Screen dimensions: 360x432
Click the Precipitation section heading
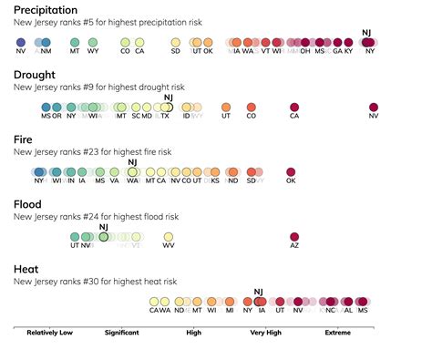tap(46, 9)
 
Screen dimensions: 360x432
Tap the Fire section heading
tap(24, 139)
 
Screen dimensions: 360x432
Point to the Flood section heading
tap(27, 204)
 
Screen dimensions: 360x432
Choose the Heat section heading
tap(26, 270)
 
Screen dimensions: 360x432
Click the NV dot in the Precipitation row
tap(21, 42)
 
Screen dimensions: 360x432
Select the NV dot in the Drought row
tap(374, 107)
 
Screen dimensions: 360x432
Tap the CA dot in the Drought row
tap(293, 107)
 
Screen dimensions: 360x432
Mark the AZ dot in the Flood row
tap(293, 236)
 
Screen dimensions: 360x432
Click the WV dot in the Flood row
tap(169, 236)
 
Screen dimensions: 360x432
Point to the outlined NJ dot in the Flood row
tap(103, 236)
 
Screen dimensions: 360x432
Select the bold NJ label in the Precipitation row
tap(366, 32)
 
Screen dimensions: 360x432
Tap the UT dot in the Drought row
tap(226, 107)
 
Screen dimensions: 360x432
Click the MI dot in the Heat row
tap(230, 301)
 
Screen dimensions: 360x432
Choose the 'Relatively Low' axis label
tap(49, 333)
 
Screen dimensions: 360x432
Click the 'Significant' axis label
tap(121, 333)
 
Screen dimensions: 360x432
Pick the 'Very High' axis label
tap(266, 333)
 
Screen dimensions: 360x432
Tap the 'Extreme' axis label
tap(338, 333)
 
